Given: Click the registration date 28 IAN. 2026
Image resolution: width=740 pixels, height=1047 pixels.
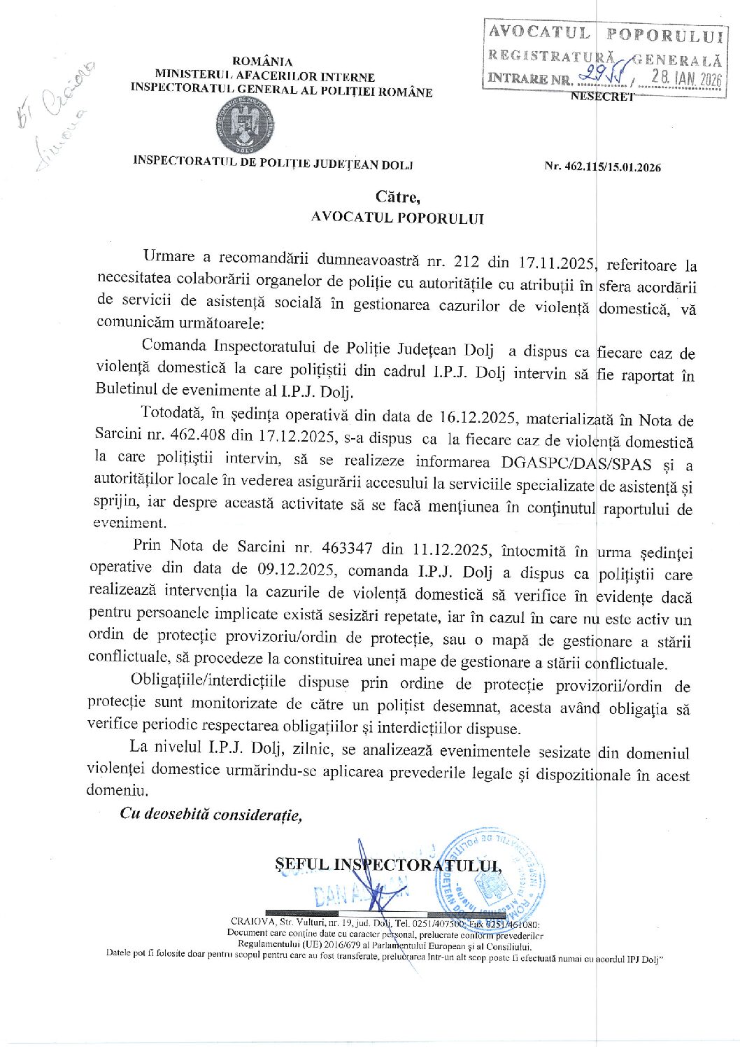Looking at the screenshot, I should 685,78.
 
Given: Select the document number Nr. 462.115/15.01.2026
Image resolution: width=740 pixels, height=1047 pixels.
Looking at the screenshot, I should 603,167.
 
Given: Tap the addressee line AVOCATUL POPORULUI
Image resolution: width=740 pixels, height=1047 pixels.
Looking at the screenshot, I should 397,218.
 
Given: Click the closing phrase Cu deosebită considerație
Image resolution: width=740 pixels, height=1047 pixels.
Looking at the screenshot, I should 211,813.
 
